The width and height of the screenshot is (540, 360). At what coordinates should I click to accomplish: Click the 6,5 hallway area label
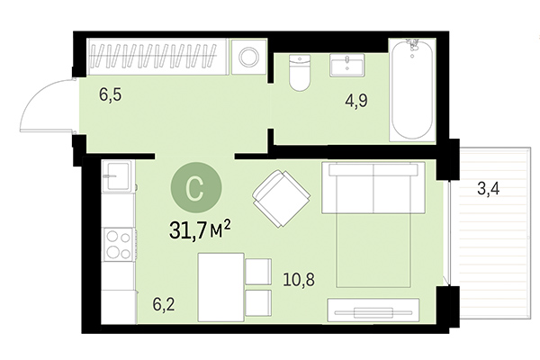[x=111, y=93]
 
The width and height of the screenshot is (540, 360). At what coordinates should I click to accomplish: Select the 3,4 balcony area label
[x=490, y=189]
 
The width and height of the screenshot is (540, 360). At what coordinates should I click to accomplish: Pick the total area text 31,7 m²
[x=200, y=230]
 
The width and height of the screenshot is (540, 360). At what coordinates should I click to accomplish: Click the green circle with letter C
[x=193, y=187]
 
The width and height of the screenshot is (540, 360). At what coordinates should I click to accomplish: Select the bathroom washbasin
[x=346, y=67]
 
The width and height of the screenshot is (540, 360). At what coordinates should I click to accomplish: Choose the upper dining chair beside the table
[x=259, y=270]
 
